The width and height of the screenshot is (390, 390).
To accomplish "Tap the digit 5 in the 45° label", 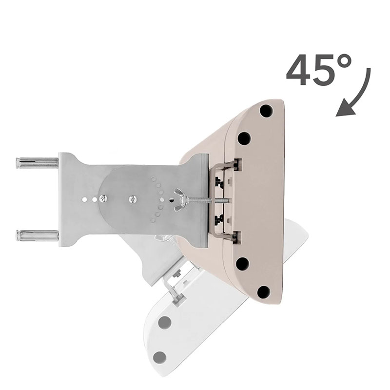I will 323,71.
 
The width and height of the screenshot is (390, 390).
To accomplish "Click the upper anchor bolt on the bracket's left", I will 37,163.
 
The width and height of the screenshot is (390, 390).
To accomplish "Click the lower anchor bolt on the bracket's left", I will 37,235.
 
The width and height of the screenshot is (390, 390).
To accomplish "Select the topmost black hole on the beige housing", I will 266,111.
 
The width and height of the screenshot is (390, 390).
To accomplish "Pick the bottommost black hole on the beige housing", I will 263,292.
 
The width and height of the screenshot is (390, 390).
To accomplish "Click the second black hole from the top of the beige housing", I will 244,138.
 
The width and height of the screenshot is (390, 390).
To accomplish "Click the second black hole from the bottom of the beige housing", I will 242,264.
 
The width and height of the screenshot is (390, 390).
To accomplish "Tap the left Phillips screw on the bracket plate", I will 103,198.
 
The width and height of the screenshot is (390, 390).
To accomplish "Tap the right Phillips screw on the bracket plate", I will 133,199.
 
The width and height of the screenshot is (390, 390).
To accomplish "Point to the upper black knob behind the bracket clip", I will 220,182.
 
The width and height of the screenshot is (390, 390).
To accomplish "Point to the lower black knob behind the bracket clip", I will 220,219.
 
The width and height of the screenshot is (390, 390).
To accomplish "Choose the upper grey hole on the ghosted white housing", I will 165,322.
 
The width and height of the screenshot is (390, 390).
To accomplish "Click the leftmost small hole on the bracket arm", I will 84,199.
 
